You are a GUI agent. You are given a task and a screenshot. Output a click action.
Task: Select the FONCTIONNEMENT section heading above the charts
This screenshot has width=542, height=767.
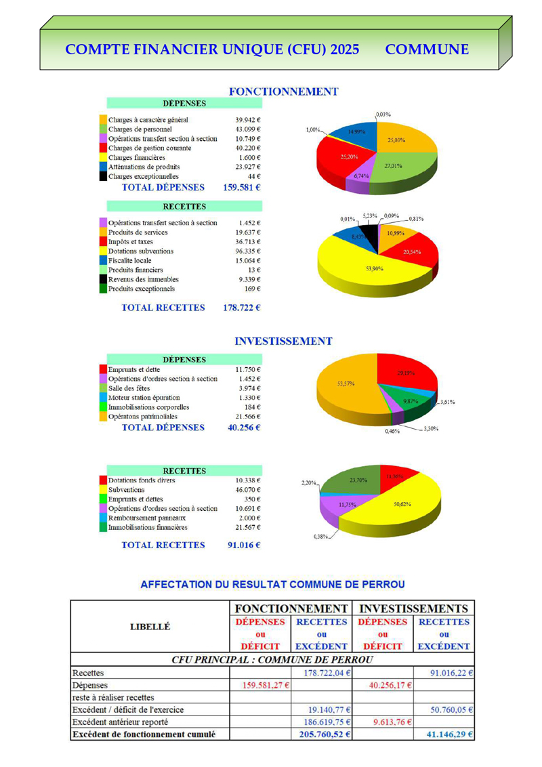pyautogui.click(x=283, y=91)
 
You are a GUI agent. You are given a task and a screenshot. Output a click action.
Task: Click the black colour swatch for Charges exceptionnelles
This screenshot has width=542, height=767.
pyautogui.click(x=103, y=176)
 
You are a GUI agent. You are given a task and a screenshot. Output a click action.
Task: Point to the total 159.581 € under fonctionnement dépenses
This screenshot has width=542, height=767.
pyautogui.click(x=242, y=187)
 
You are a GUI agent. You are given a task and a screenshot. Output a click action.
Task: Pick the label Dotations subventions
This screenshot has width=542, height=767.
pyautogui.click(x=141, y=251)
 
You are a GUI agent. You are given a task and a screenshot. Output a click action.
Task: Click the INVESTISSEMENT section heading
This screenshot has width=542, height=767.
pyautogui.click(x=283, y=341)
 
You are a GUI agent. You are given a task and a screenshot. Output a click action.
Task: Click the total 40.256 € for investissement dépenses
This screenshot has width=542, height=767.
pyautogui.click(x=242, y=428)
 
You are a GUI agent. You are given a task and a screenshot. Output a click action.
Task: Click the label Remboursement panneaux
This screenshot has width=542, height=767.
pyautogui.click(x=146, y=518)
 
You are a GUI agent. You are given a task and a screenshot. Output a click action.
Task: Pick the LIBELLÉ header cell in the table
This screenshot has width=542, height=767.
pyautogui.click(x=150, y=627)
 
